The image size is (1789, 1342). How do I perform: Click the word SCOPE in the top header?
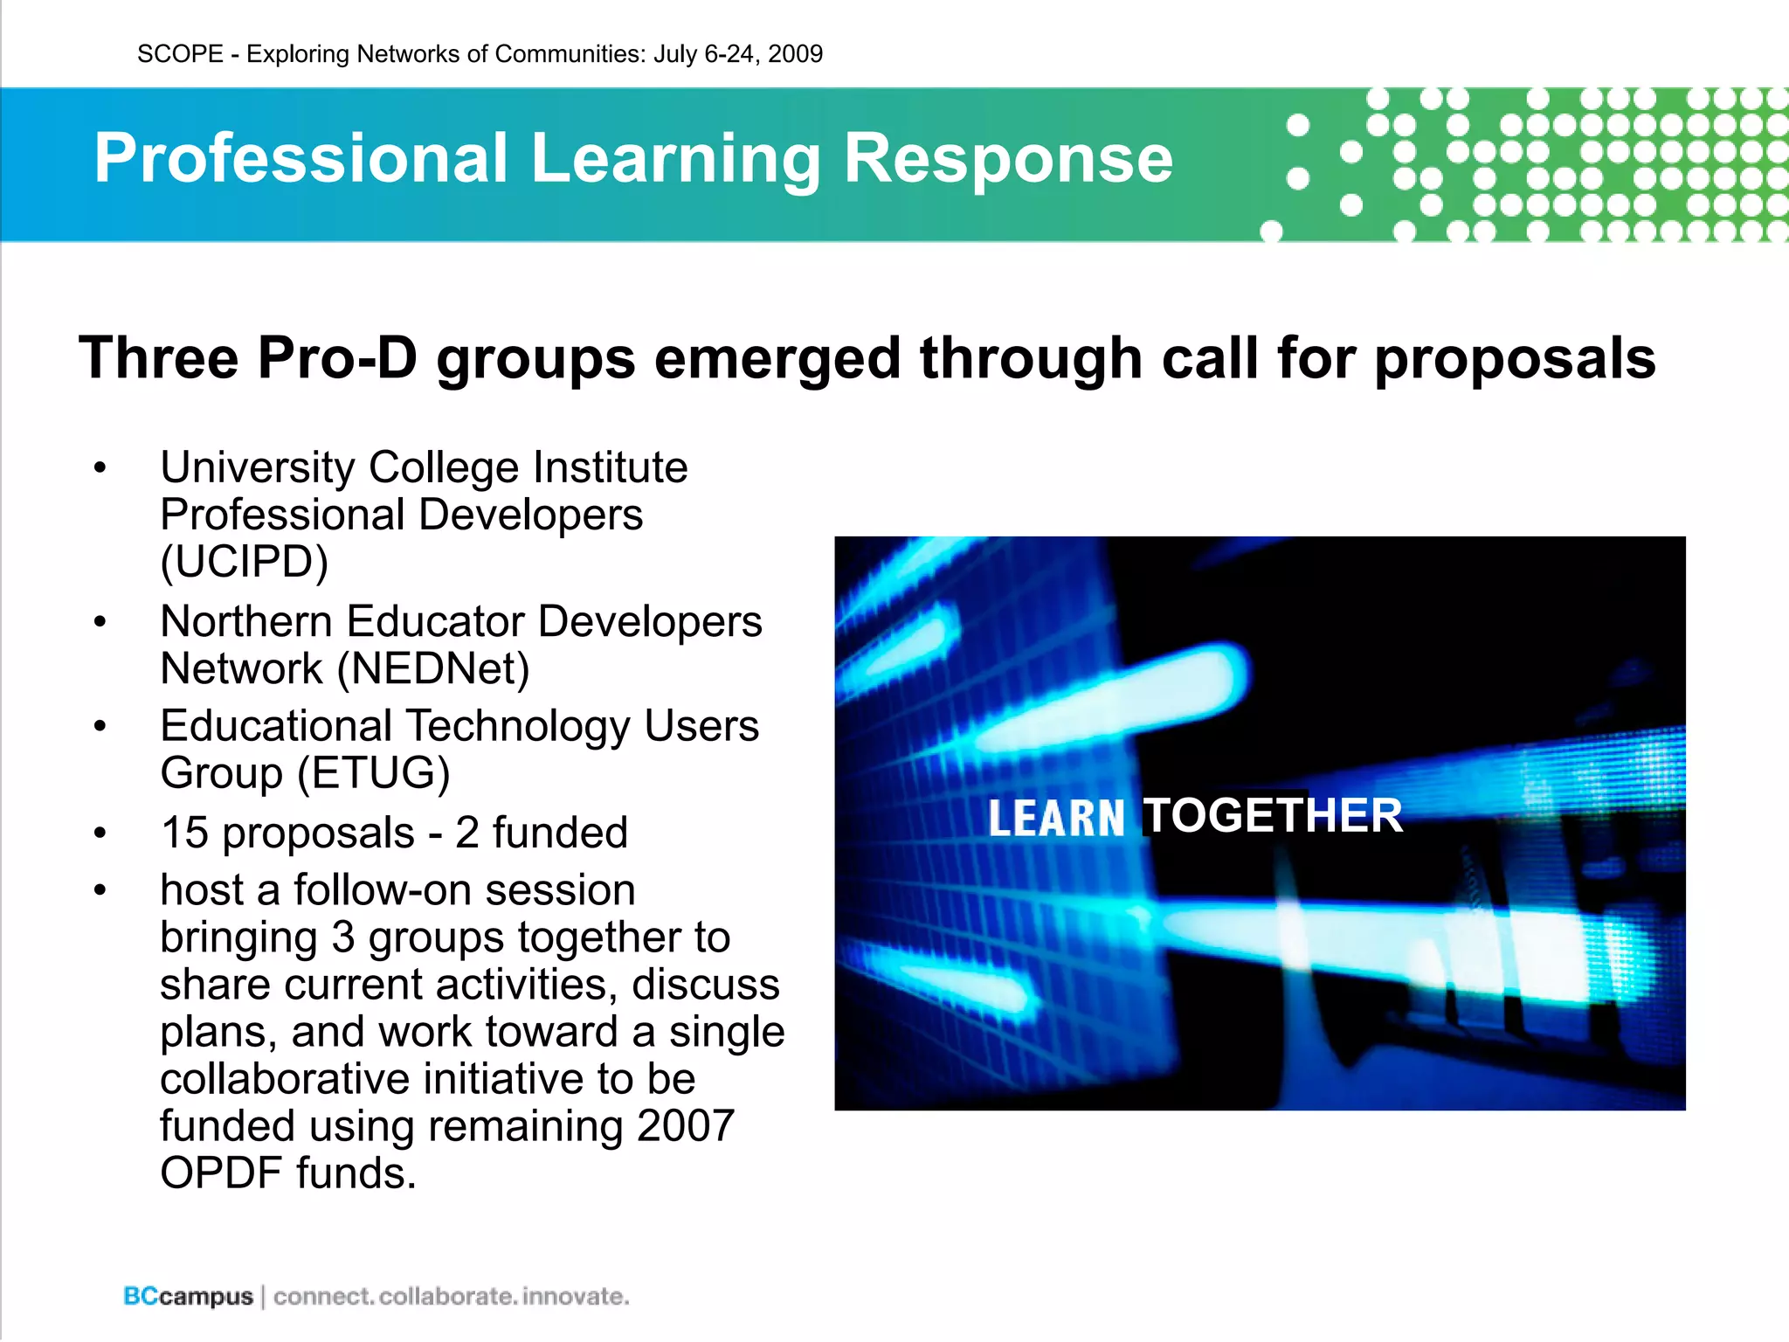pyautogui.click(x=180, y=54)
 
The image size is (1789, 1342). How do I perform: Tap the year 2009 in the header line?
pyautogui.click(x=795, y=54)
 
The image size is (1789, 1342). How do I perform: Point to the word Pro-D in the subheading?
pyautogui.click(x=337, y=358)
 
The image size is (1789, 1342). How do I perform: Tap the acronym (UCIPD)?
pyautogui.click(x=245, y=562)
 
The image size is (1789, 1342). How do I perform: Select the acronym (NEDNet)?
pyautogui.click(x=433, y=669)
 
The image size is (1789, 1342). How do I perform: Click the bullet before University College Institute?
pyautogui.click(x=100, y=468)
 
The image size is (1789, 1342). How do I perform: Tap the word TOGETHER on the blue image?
pyautogui.click(x=1273, y=816)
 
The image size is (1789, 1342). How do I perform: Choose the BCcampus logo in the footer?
pyautogui.click(x=188, y=1297)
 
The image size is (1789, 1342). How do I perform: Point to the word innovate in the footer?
pyautogui.click(x=576, y=1297)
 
